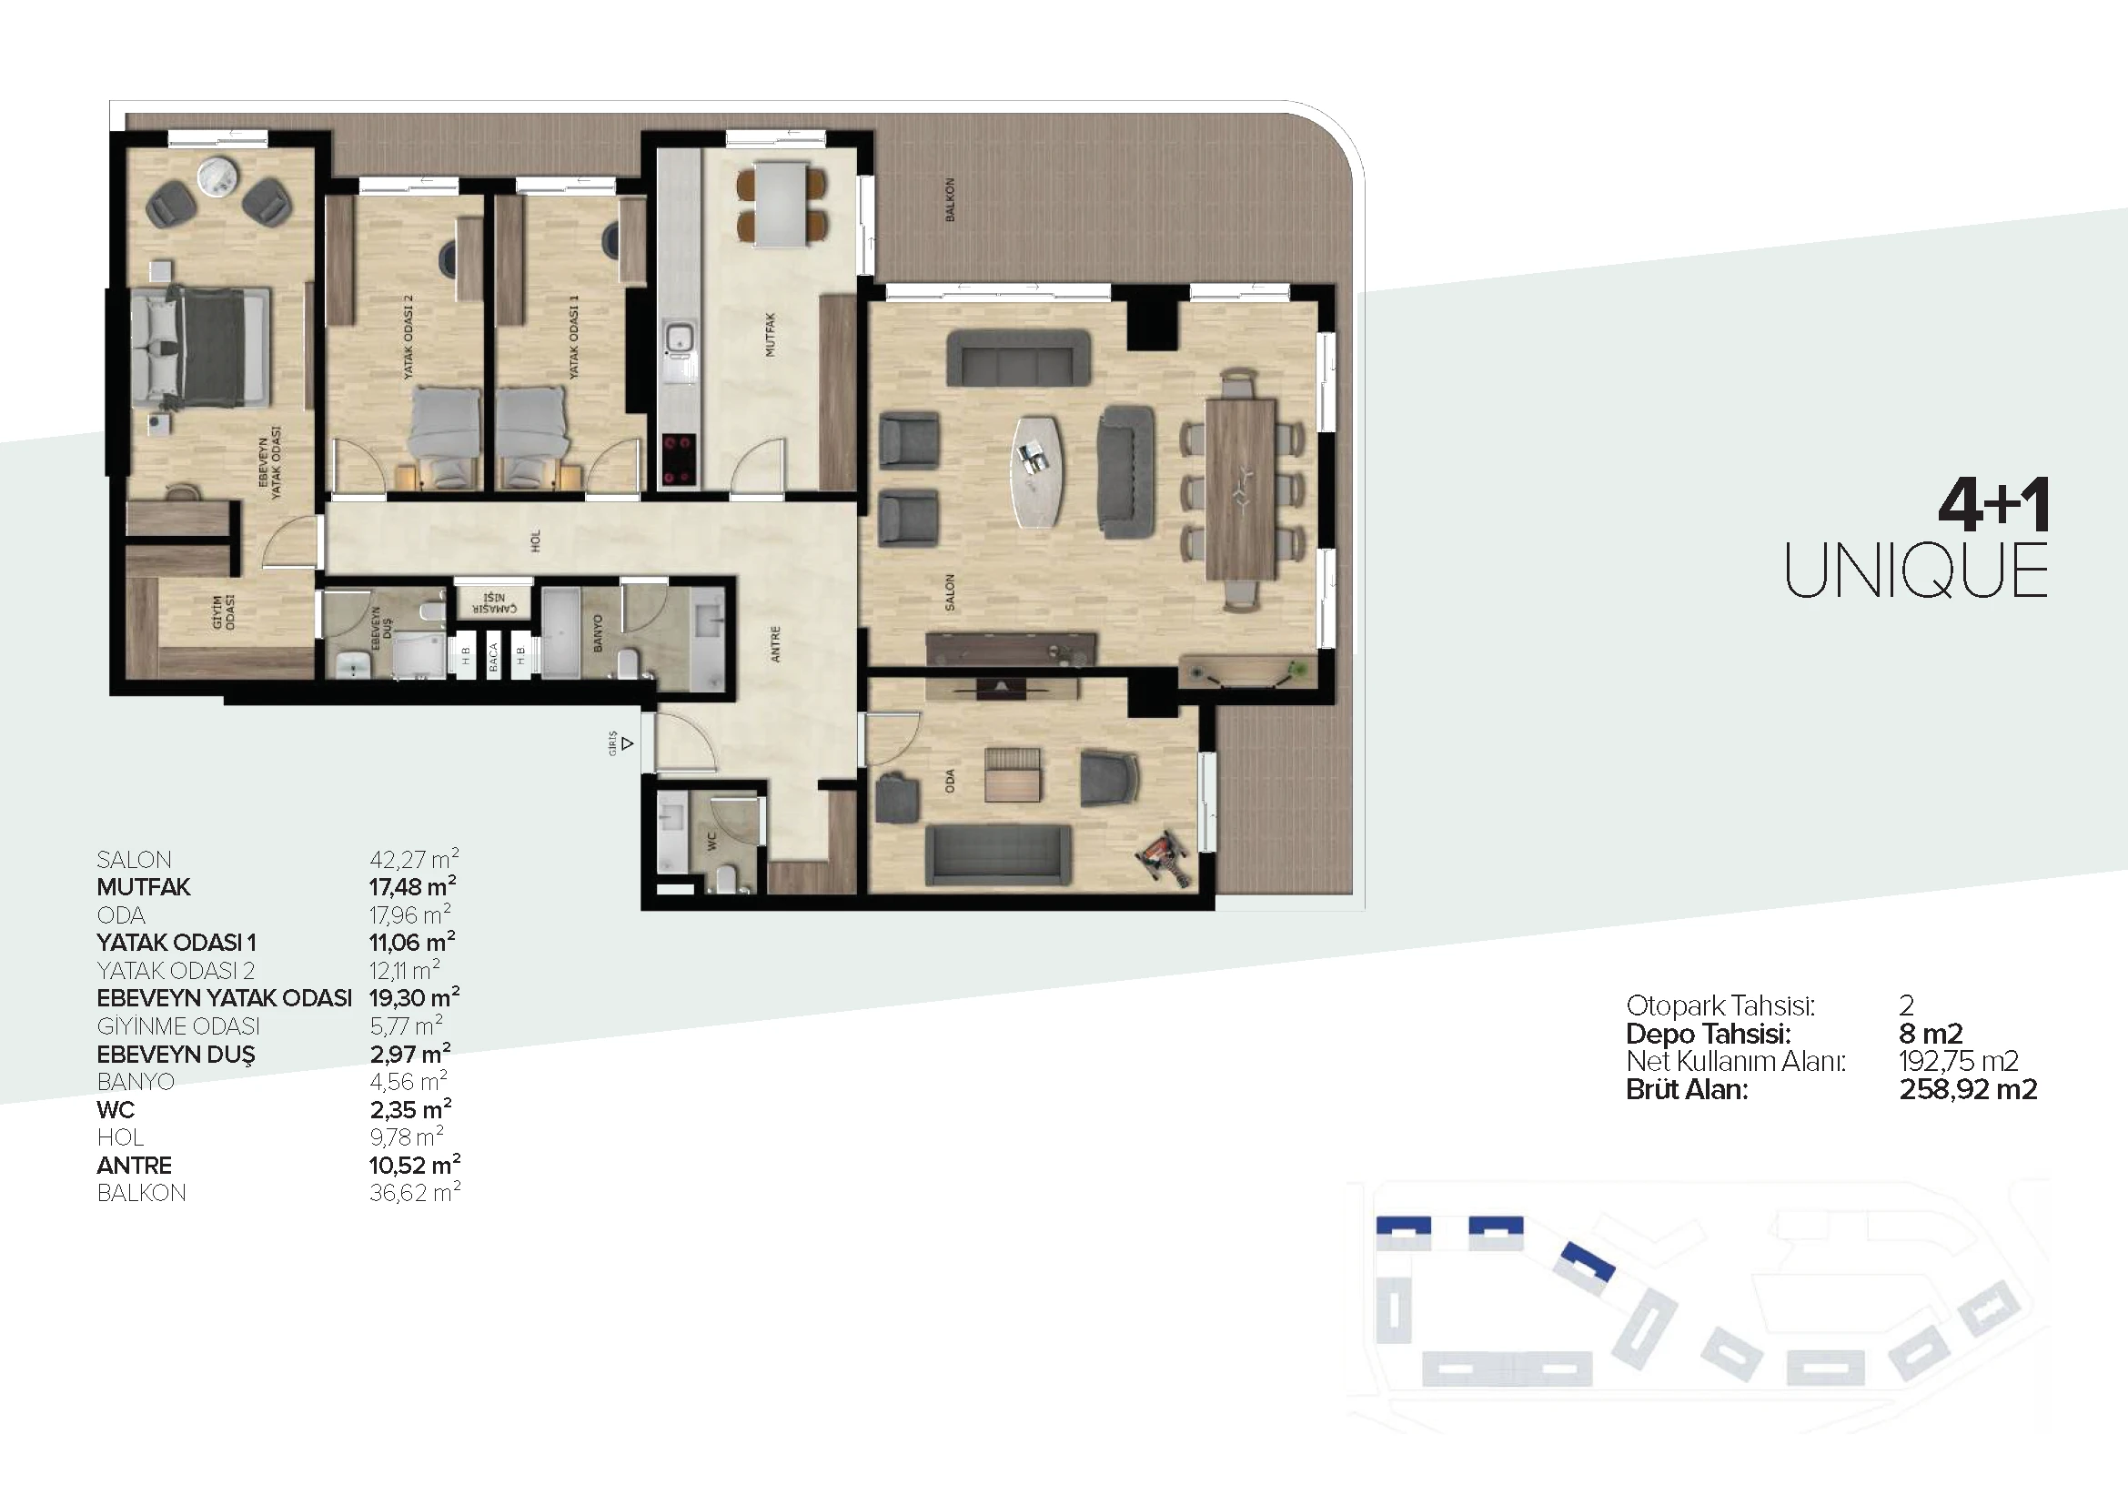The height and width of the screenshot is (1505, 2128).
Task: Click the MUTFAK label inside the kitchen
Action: point(771,335)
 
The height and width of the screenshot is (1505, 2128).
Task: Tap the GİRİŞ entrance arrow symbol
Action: point(628,743)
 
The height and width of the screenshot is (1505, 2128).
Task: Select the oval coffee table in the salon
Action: point(1038,471)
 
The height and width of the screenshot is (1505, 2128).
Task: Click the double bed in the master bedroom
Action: point(201,347)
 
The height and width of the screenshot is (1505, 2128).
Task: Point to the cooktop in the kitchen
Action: point(679,460)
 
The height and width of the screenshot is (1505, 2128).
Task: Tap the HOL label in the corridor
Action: point(535,541)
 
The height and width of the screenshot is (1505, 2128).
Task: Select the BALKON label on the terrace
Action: point(950,199)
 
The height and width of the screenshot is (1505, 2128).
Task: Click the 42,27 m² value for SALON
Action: point(414,859)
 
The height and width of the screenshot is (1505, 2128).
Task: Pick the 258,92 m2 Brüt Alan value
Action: point(1968,1089)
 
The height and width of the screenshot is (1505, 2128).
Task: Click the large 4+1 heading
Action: point(1993,505)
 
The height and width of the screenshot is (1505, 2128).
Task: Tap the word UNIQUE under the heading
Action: point(1916,571)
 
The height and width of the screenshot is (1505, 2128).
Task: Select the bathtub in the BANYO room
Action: point(560,631)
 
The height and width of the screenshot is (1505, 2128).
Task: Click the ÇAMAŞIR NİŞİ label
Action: point(495,603)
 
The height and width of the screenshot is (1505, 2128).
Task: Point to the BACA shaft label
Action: point(493,657)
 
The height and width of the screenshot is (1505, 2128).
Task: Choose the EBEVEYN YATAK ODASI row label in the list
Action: point(225,998)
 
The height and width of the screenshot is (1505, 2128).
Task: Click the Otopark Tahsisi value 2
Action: point(1907,1005)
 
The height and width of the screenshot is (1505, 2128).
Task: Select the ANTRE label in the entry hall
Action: point(776,644)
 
